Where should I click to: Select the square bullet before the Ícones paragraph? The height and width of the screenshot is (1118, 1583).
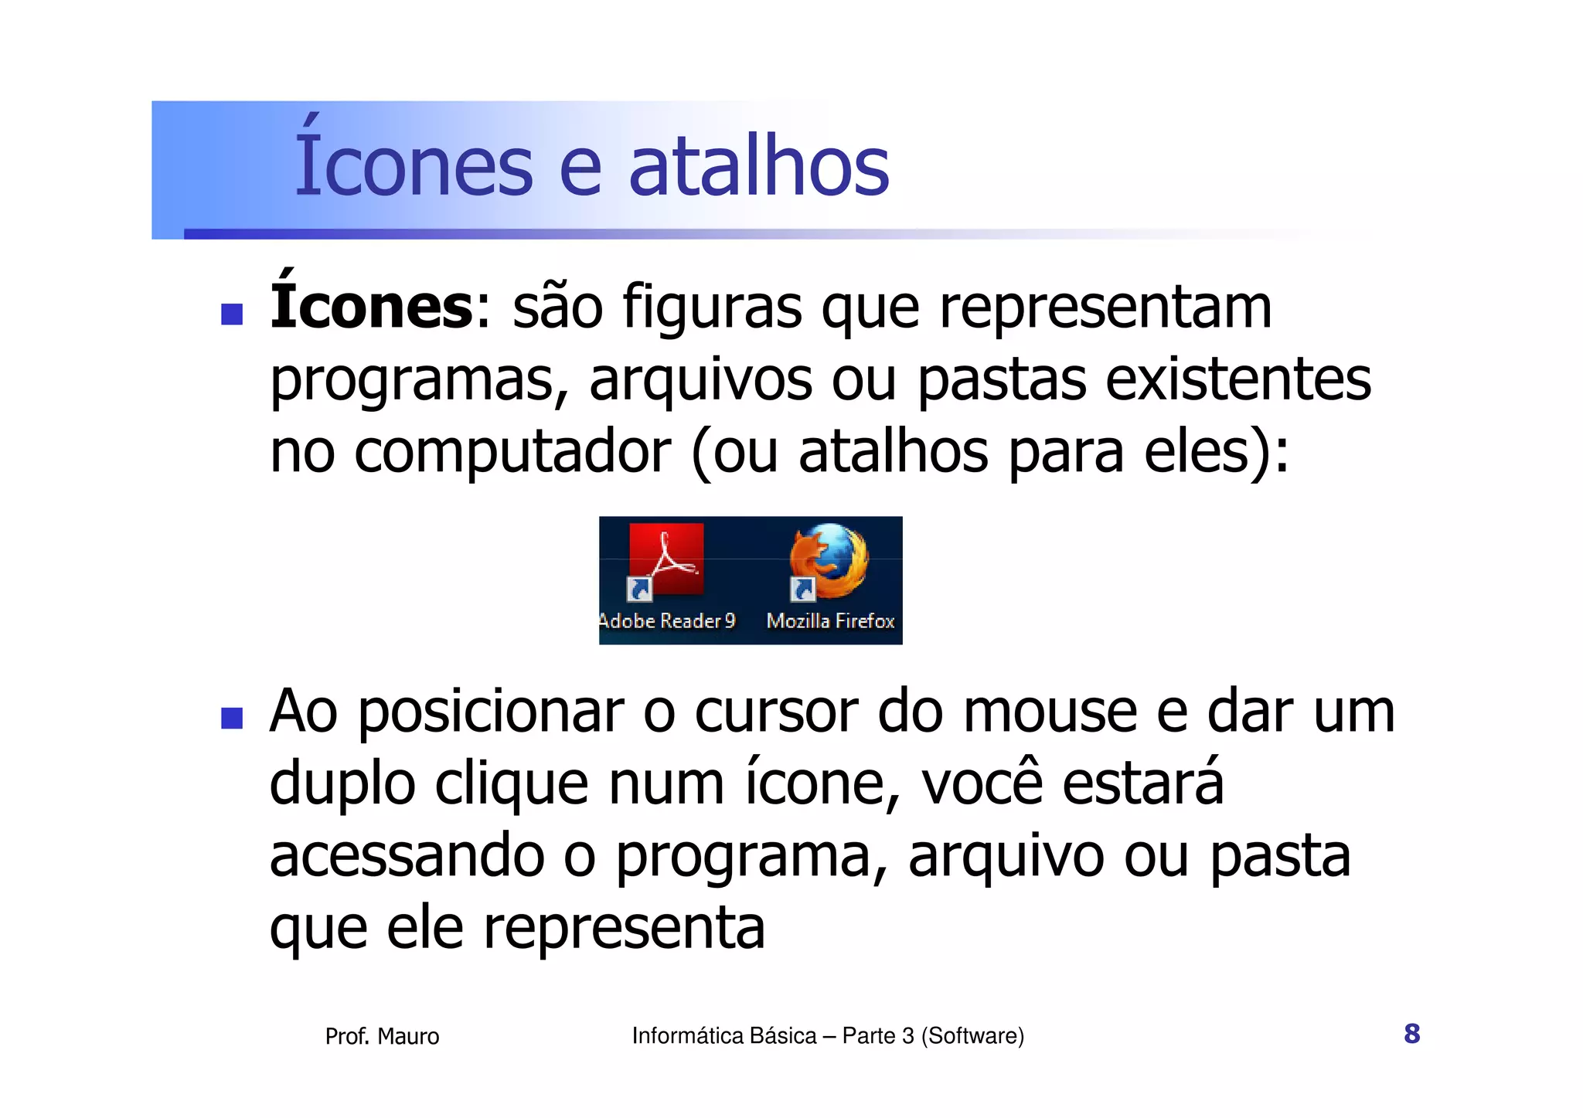[x=232, y=314]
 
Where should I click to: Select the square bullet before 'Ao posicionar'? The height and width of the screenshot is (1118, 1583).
[x=232, y=718]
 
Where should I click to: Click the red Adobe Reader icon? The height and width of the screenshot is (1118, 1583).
[x=666, y=558]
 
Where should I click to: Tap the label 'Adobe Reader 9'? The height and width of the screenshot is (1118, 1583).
[x=667, y=621]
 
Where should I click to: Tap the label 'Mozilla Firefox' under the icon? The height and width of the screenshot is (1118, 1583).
[x=830, y=621]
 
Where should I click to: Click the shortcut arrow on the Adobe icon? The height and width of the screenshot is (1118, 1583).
[x=639, y=590]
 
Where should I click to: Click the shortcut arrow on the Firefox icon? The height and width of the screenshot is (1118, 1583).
[x=802, y=590]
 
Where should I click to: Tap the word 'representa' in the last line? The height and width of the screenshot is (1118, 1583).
[x=624, y=928]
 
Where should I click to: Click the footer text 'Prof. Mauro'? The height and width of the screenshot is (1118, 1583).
[x=382, y=1036]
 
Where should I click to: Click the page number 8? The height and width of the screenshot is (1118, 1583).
[x=1411, y=1034]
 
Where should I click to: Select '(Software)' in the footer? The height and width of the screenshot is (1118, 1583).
[x=972, y=1035]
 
